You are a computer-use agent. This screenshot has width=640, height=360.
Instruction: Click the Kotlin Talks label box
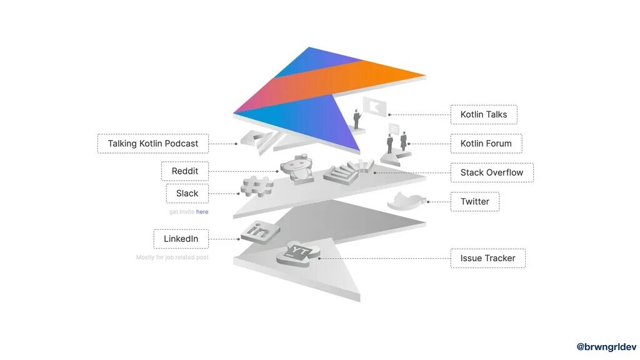[484, 114]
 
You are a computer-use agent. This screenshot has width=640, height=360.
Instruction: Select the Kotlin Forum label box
[486, 143]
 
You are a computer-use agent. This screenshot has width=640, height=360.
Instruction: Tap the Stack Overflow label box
[492, 172]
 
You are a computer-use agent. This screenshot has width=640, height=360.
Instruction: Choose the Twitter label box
[474, 201]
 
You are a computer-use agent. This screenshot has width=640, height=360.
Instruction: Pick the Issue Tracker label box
[487, 258]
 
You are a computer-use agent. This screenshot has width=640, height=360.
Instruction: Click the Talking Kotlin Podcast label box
[152, 143]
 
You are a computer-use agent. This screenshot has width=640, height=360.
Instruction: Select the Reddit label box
[184, 171]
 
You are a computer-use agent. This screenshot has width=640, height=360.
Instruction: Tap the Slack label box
[187, 193]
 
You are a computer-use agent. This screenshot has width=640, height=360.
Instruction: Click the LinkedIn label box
[181, 239]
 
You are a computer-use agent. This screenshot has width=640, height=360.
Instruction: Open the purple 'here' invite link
[202, 212]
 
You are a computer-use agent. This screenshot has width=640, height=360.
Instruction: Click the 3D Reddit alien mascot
[296, 169]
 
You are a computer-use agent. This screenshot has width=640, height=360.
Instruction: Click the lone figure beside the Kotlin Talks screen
[357, 119]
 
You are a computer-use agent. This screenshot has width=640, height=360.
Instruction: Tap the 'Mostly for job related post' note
[172, 257]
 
